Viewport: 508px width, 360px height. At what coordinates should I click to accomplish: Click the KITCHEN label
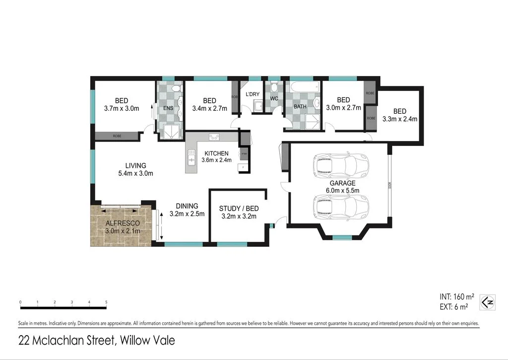tap(217, 153)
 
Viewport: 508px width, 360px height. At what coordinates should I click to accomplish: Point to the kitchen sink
tap(191, 158)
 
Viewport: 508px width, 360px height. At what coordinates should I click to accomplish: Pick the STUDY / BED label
tap(239, 209)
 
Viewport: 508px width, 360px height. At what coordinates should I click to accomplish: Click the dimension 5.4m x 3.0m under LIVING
tap(135, 173)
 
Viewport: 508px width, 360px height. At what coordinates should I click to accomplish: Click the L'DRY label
tap(252, 94)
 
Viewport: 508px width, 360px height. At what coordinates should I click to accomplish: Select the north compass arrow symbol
tap(488, 302)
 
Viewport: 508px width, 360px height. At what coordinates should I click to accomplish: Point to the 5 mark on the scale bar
tap(106, 302)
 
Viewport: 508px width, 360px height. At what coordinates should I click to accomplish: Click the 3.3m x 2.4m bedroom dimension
tap(400, 119)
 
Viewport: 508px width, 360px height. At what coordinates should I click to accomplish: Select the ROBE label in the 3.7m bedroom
tap(117, 136)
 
